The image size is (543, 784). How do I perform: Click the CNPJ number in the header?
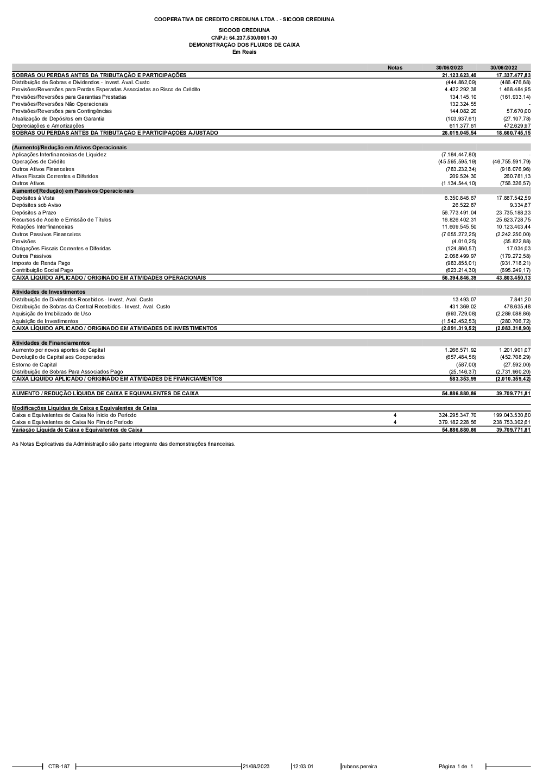tap(244, 37)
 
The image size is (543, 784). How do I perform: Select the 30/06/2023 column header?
tap(450, 68)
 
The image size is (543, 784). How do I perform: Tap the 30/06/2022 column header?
tap(503, 68)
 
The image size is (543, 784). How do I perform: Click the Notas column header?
tap(395, 68)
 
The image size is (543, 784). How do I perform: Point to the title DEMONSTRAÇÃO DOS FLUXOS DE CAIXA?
tap(244, 45)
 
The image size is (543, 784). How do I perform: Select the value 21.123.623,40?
tap(459, 75)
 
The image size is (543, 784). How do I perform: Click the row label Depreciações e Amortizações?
tap(48, 125)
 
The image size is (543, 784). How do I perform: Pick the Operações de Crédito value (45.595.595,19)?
tap(457, 162)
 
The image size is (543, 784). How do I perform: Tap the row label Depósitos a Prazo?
tap(34, 212)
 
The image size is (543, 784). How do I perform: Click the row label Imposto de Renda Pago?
tap(41, 263)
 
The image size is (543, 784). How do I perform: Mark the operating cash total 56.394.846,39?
tap(459, 277)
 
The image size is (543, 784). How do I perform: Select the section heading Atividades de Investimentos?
tap(49, 292)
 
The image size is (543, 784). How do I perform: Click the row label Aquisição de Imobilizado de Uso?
tap(52, 314)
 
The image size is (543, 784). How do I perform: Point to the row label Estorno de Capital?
tap(34, 364)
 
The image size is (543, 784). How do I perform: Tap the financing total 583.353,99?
tap(463, 378)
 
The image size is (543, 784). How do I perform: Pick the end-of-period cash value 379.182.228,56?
tap(457, 422)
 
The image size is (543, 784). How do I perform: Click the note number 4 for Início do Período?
tap(395, 415)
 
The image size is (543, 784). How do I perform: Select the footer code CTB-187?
tap(59, 767)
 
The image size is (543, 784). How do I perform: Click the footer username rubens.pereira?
tap(359, 767)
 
